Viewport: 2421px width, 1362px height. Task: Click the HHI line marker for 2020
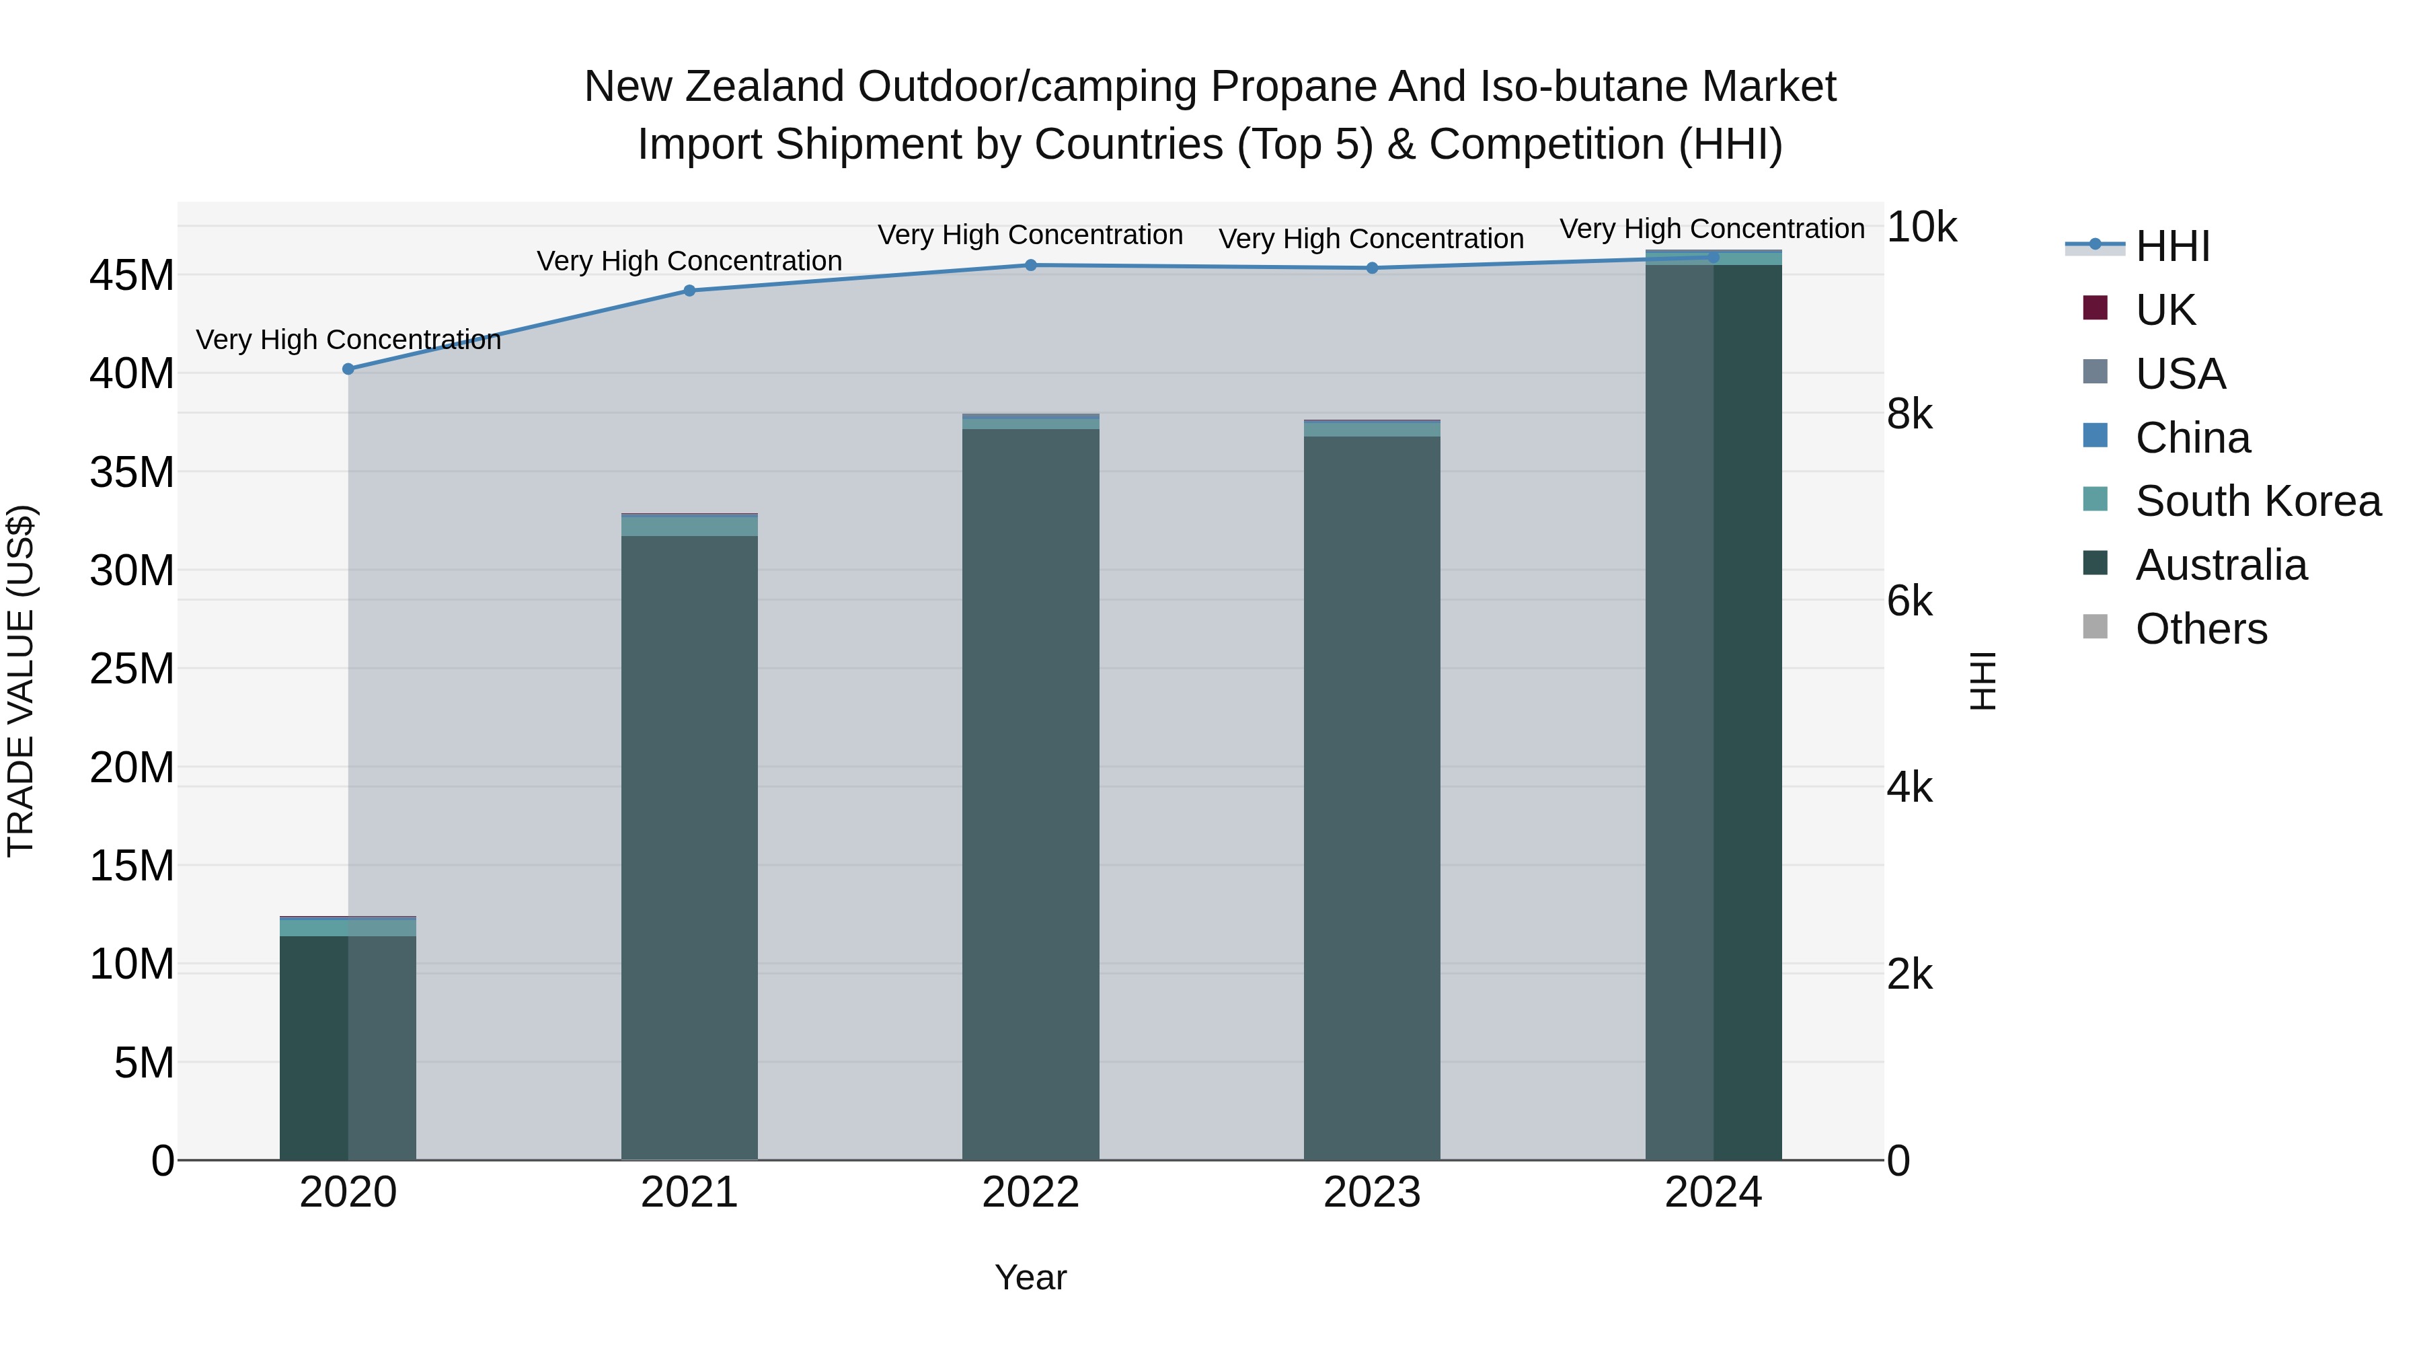point(348,369)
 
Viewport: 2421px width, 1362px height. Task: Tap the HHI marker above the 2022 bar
point(1030,265)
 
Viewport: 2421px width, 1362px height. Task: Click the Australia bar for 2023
point(1371,799)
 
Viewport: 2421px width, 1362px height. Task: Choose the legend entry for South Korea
point(2258,501)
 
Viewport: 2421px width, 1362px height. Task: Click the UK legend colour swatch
point(2095,308)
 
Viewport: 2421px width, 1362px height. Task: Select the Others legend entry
point(2200,629)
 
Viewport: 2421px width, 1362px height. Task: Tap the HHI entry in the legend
point(2172,246)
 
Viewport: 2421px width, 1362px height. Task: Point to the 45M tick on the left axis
point(132,275)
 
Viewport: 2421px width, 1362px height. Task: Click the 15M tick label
point(132,866)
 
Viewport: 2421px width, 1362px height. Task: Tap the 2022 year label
point(1030,1193)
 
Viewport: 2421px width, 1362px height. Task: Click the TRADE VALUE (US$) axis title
point(21,681)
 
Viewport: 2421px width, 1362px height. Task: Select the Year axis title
point(1030,1277)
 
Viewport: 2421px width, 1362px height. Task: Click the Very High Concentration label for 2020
point(348,340)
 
